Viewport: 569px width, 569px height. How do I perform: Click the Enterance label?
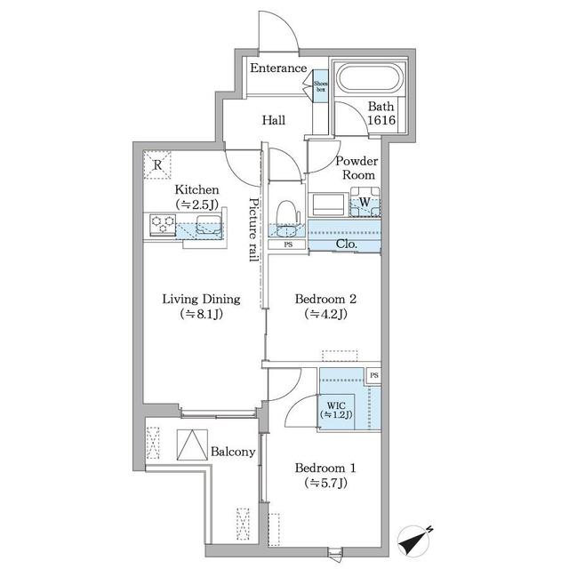tap(278, 68)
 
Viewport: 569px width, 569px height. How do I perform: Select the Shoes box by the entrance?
tap(319, 85)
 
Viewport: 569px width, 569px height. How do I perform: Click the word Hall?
tap(273, 120)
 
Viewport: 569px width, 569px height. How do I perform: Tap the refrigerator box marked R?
tap(157, 164)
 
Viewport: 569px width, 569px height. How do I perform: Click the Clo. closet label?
tap(347, 244)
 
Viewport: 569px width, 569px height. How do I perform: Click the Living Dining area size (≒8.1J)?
tap(201, 314)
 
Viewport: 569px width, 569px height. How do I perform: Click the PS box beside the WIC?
tap(374, 376)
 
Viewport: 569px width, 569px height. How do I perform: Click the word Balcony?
tap(233, 452)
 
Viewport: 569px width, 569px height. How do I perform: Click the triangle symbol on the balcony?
tap(192, 445)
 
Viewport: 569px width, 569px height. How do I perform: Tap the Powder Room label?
tap(356, 168)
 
